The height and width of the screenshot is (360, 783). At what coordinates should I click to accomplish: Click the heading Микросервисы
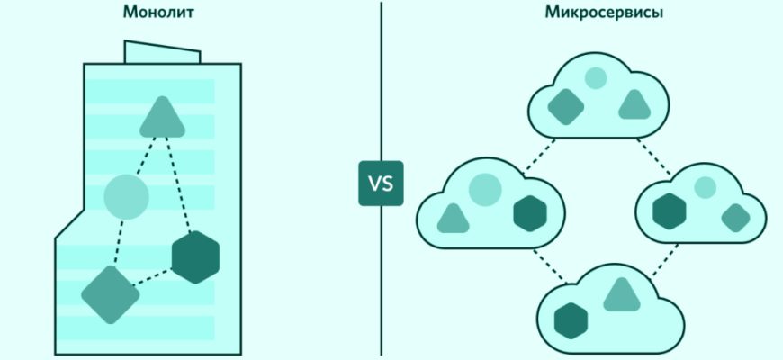point(591,13)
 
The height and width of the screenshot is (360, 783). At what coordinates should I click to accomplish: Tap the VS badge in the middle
point(381,183)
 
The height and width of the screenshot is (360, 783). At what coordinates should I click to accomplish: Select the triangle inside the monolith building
point(162,116)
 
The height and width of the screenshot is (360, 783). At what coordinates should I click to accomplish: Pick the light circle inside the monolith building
point(126,196)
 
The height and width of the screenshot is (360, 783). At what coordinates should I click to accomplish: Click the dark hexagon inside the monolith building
point(195,256)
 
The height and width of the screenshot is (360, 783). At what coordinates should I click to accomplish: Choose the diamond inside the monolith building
point(111,293)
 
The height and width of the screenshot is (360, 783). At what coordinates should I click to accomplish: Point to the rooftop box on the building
point(163,52)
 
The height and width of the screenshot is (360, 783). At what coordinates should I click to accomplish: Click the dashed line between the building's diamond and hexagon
point(154,275)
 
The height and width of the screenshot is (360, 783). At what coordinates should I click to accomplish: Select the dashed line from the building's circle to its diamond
point(119,243)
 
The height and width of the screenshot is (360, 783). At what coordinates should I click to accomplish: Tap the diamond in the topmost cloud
point(565,106)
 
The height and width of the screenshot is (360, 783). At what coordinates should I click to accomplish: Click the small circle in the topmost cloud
point(596,78)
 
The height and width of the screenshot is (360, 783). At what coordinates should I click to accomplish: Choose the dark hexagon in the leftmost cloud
point(530,214)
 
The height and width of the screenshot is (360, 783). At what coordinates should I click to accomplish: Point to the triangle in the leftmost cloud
point(453,216)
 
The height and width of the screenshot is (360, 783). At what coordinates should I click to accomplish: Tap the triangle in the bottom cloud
point(619,294)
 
